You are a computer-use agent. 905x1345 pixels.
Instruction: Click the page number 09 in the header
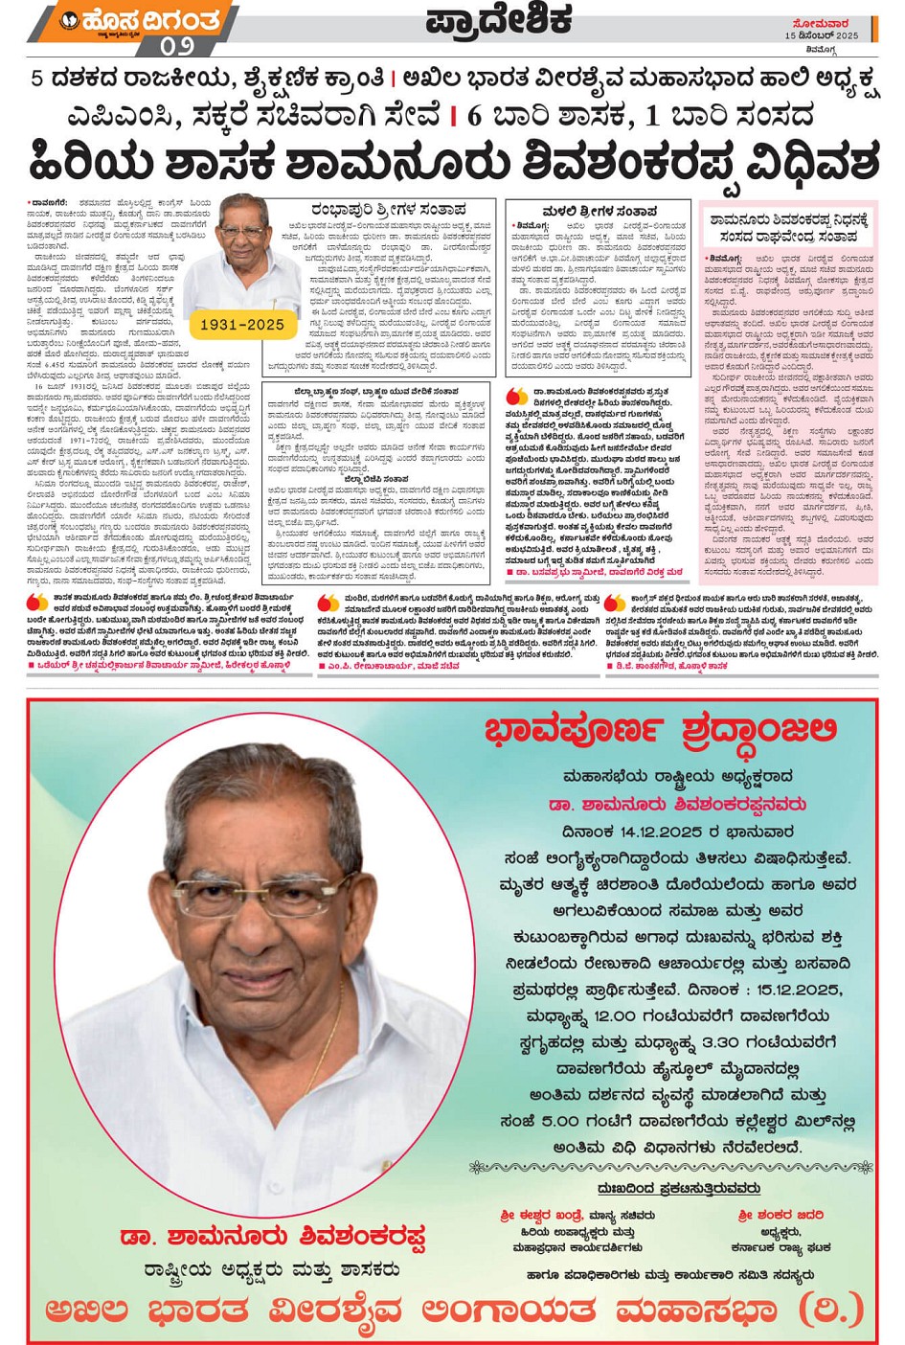tap(177, 45)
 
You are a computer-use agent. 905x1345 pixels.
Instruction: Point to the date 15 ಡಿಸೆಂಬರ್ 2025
tap(822, 35)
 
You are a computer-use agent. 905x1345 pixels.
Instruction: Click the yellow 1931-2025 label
tap(241, 325)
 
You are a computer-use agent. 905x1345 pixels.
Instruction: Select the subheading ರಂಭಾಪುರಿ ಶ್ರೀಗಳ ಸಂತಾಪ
tap(388, 209)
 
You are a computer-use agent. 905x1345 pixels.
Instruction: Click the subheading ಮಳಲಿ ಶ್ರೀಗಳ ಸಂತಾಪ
tap(600, 211)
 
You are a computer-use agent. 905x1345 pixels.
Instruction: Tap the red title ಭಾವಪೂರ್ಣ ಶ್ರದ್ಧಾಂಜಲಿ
tap(661, 732)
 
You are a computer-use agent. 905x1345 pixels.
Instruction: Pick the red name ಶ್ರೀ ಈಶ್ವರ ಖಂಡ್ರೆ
tap(541, 1215)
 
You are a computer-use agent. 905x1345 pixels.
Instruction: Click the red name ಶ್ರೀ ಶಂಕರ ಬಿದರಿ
tap(781, 1215)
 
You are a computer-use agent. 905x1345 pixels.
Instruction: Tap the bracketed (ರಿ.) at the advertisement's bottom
tap(833, 1309)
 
